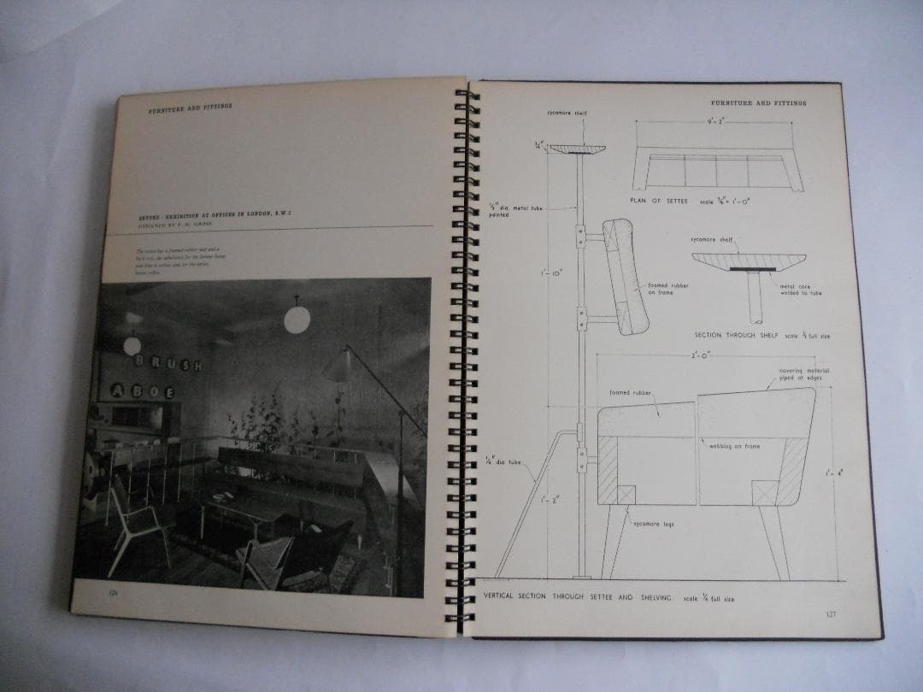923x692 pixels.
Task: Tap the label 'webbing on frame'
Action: (734, 446)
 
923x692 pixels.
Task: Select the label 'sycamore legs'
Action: (654, 523)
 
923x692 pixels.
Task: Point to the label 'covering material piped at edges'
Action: (803, 374)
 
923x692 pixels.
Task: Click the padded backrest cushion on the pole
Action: (626, 275)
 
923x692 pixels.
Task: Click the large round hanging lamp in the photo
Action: (297, 320)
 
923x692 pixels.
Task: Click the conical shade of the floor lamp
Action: (335, 367)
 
